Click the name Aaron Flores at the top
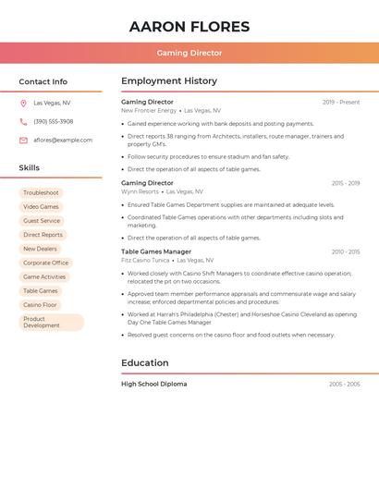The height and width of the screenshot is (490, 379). coord(189,27)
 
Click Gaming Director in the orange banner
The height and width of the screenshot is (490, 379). coord(189,53)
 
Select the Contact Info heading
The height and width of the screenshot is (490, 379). coord(43,81)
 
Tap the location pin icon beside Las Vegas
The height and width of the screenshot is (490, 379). coord(23,103)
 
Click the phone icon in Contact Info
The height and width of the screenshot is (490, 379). coord(23,121)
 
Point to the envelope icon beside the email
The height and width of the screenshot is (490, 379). coord(23,141)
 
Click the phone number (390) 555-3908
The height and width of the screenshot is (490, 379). coord(54,121)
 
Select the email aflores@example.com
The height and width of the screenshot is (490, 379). coord(63,141)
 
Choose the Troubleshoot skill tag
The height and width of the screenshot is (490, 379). coord(42,192)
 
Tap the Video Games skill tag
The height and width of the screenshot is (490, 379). coord(42,206)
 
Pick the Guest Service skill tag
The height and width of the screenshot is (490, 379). coord(42,221)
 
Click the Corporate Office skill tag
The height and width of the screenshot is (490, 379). coord(45,263)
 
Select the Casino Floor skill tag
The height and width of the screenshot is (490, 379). coord(41,304)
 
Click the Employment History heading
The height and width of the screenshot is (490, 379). coord(169,81)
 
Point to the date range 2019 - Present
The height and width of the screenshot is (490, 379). coord(341,103)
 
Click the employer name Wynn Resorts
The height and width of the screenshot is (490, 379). coord(140,191)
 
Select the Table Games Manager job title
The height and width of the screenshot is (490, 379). coord(156,251)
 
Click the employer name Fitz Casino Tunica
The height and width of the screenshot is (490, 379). coord(145,261)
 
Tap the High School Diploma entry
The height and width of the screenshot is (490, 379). coord(153,384)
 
